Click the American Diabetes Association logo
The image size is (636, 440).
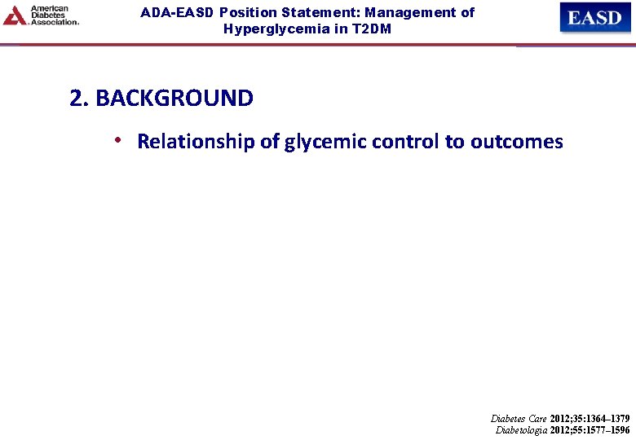[x=41, y=15]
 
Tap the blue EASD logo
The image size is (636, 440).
[x=594, y=17]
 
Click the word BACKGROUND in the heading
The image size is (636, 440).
[x=174, y=99]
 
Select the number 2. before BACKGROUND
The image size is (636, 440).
[x=79, y=99]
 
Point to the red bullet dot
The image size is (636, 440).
[x=119, y=141]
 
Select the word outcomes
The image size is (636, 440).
[x=516, y=142]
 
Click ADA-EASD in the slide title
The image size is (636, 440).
[x=177, y=13]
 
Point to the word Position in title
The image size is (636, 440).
[x=245, y=13]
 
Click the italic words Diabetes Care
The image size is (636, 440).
[x=519, y=418]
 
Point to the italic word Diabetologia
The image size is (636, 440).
[x=521, y=429]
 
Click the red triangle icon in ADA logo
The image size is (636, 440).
[x=14, y=15]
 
